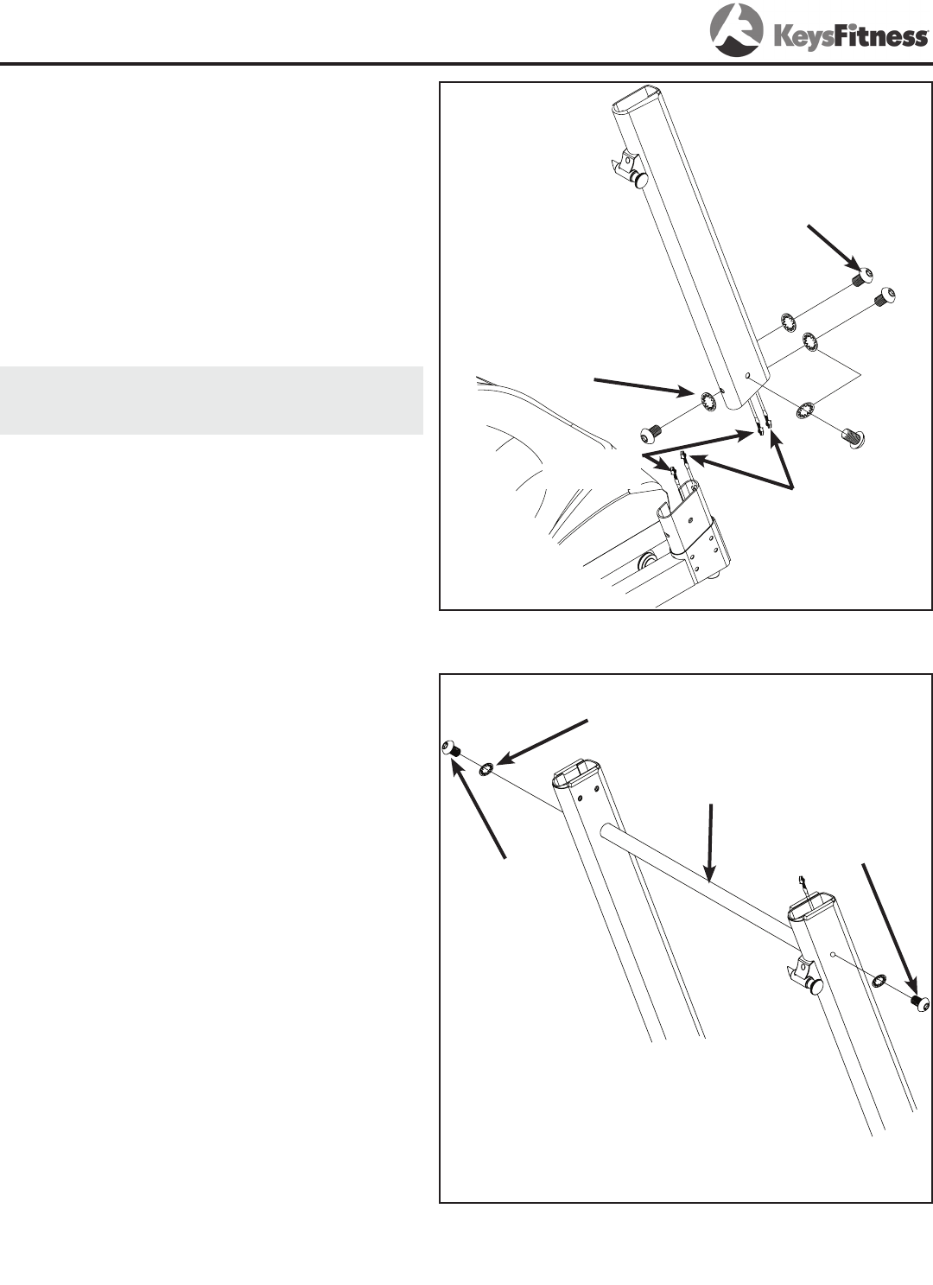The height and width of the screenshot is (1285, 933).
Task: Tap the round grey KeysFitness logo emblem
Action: [x=736, y=30]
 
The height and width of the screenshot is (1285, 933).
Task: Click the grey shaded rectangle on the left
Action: [x=211, y=400]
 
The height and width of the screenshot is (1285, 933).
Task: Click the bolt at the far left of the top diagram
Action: [x=649, y=436]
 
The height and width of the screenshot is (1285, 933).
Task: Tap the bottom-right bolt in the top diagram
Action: [x=853, y=438]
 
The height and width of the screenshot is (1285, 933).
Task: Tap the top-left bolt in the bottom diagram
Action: [x=453, y=748]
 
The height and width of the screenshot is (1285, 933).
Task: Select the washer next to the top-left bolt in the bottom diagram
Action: [x=486, y=767]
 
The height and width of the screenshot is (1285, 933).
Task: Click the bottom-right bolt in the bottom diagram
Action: [x=920, y=1003]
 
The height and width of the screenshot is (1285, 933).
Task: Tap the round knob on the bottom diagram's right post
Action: [x=813, y=986]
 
